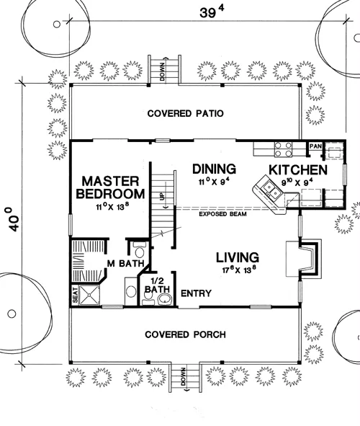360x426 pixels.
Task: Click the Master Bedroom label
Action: click(x=110, y=187)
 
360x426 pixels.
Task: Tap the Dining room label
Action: click(x=214, y=169)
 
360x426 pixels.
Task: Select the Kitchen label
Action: click(x=298, y=170)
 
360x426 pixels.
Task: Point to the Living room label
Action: click(x=238, y=257)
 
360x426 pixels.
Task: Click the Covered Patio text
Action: click(x=186, y=113)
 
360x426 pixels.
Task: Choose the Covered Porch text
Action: click(x=185, y=334)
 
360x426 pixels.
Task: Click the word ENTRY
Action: click(x=196, y=293)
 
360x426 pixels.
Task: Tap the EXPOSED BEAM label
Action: click(x=222, y=214)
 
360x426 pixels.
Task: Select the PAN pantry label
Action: click(x=315, y=146)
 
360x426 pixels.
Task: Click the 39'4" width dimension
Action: click(x=212, y=12)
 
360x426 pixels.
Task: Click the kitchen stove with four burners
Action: click(x=283, y=149)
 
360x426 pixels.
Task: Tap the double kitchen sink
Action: click(x=272, y=190)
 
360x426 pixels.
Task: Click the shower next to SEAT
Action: click(x=89, y=296)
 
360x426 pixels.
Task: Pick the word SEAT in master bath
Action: click(x=75, y=296)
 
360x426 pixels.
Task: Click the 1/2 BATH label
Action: click(x=157, y=285)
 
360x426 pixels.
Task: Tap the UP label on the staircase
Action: click(x=162, y=197)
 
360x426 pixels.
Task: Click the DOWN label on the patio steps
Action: click(x=162, y=72)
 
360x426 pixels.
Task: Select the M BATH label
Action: click(x=125, y=263)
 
